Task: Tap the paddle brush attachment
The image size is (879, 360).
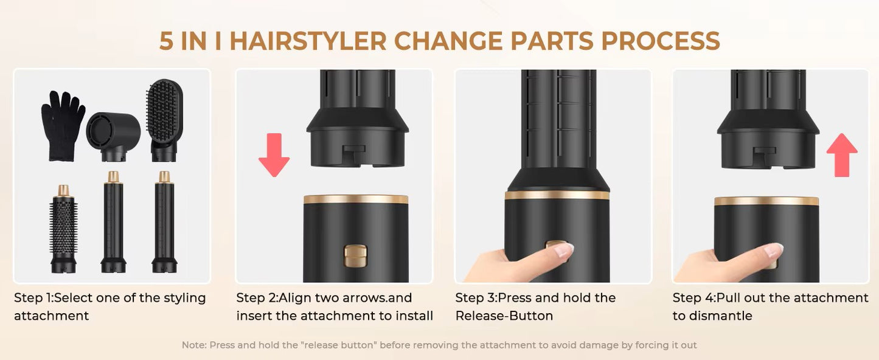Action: click(x=164, y=120)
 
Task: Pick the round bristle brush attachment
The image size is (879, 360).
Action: click(x=63, y=229)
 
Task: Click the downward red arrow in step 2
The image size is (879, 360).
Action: click(x=274, y=155)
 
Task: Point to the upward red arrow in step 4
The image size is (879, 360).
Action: click(x=842, y=155)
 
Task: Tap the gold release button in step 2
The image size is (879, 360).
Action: click(x=355, y=255)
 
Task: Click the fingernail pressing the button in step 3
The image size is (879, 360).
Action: click(x=565, y=250)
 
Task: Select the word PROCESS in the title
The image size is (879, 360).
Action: click(x=661, y=41)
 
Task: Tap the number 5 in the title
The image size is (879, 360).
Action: click(x=167, y=41)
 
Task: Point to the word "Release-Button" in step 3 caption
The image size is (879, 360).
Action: click(x=504, y=316)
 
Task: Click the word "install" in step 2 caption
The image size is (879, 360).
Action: click(x=415, y=316)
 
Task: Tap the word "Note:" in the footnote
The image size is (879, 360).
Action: click(x=194, y=345)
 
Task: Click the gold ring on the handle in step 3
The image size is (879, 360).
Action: click(x=557, y=195)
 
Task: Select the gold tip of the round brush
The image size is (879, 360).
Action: click(x=63, y=190)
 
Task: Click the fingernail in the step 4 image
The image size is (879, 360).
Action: click(x=773, y=250)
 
